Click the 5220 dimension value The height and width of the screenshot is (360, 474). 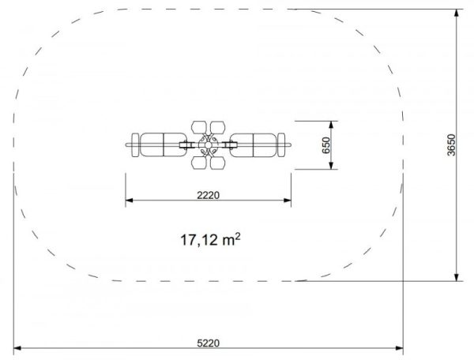pyautogui.click(x=209, y=343)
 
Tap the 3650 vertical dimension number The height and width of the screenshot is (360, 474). pyautogui.click(x=451, y=145)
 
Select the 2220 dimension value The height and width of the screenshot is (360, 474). pyautogui.click(x=209, y=195)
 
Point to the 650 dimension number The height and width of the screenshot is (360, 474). pyautogui.click(x=326, y=145)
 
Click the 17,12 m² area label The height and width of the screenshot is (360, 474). pyautogui.click(x=210, y=240)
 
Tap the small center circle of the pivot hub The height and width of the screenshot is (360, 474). pyautogui.click(x=208, y=145)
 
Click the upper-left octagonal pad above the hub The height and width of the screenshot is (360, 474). pyautogui.click(x=198, y=127)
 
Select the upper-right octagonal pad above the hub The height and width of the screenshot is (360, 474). pyautogui.click(x=218, y=127)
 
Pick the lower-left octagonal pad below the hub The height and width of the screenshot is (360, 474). pyautogui.click(x=198, y=163)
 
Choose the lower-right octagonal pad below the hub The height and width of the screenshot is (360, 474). pyautogui.click(x=218, y=163)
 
